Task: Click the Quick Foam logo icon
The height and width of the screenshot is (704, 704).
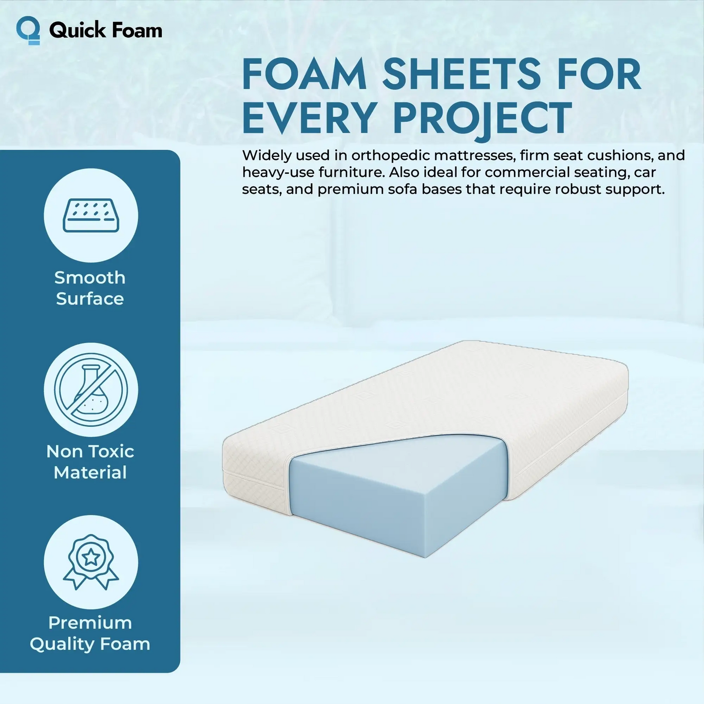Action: (x=28, y=30)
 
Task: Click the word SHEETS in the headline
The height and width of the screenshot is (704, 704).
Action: (x=461, y=75)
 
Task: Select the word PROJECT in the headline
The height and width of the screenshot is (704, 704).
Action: (x=482, y=118)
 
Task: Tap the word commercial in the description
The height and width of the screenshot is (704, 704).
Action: (x=527, y=172)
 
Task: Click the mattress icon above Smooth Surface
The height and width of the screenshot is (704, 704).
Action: (x=91, y=215)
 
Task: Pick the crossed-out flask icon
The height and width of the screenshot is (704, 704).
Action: (x=91, y=390)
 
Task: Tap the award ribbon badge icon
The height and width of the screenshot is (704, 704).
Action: (x=91, y=562)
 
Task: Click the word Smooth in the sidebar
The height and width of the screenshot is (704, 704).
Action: (x=90, y=278)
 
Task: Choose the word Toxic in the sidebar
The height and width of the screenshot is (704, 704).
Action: (x=112, y=452)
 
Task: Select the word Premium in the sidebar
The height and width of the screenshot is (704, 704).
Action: (x=90, y=623)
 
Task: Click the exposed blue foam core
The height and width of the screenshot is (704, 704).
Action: (x=390, y=492)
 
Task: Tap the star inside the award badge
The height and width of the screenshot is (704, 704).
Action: (x=91, y=557)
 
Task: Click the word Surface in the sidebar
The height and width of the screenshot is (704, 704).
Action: (x=90, y=299)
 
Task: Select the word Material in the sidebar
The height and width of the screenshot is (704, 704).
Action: (x=90, y=473)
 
